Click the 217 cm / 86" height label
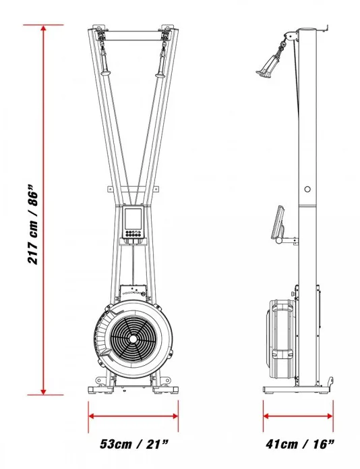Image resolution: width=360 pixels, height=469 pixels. (x=33, y=224)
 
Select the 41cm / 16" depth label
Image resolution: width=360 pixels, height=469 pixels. (x=299, y=444)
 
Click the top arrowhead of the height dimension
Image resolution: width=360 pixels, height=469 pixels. (x=44, y=28)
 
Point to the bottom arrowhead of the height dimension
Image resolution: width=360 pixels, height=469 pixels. (x=44, y=391)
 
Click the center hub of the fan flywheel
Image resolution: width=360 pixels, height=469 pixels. (x=133, y=339)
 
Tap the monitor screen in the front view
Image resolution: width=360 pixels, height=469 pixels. (x=133, y=219)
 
